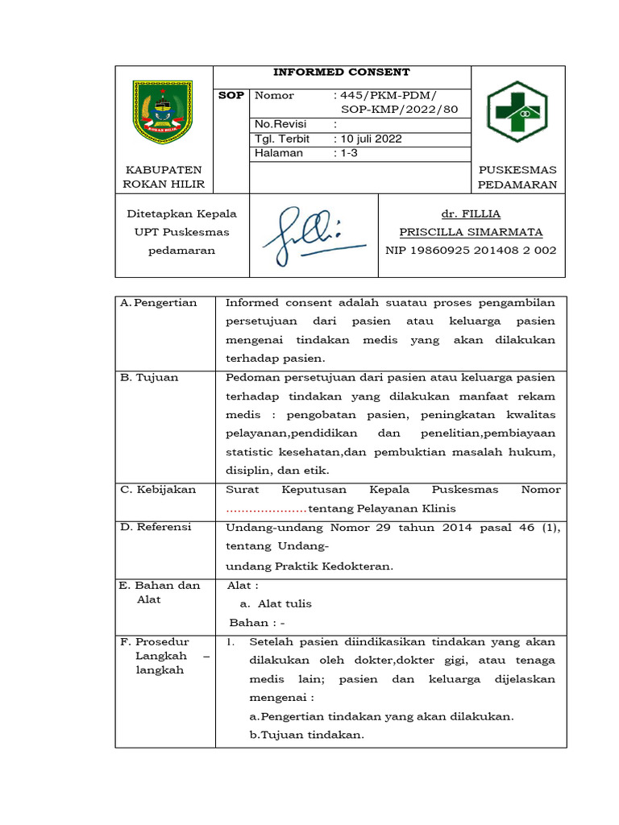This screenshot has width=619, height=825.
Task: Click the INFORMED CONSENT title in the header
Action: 341,73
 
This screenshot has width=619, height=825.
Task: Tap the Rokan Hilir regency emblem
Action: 163,112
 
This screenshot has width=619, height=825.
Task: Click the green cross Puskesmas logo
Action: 517,112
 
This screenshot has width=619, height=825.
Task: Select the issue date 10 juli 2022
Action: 368,139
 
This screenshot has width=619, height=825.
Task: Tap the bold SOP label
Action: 231,96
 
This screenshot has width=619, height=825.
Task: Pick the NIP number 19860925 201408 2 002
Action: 471,251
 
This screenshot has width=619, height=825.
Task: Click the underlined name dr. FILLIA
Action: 471,214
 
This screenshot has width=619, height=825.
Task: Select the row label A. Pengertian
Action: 158,303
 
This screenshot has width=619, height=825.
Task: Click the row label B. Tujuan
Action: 149,377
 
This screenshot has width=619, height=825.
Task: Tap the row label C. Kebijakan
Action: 158,490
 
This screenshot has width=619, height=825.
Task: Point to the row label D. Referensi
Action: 156,527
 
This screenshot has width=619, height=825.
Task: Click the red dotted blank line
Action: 266,509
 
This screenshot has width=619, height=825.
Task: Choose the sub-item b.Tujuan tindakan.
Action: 306,735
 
